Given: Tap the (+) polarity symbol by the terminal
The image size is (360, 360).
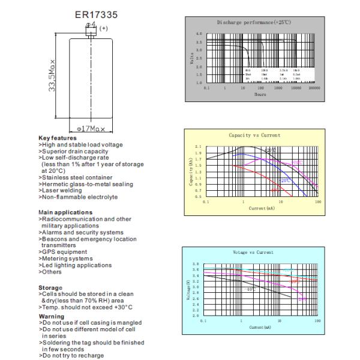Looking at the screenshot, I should point(103,28).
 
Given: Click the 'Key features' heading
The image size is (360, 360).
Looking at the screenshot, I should point(57,138).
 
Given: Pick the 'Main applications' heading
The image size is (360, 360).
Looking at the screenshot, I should point(65,212).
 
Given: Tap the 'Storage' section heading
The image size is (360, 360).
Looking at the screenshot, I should point(50,287).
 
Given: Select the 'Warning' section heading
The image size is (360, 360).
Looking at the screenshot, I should point(51,316).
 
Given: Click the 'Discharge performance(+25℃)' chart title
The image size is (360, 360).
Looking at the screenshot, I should point(254,22).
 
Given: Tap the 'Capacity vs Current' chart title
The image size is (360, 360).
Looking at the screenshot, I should point(254,135).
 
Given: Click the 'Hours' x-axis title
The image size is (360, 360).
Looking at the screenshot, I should point(260,94).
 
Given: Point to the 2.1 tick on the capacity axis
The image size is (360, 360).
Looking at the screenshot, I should point(199,147).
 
